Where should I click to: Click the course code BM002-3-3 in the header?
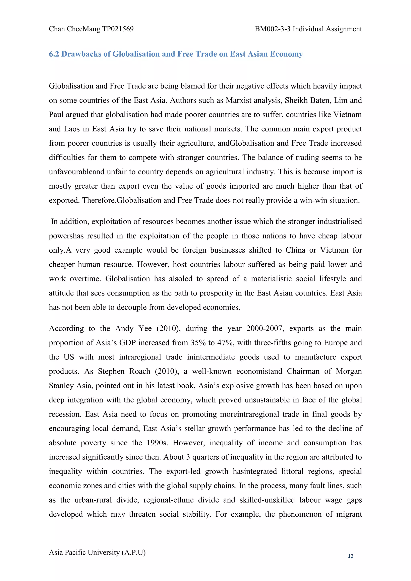coord(273,29)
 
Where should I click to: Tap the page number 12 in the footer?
coord(351,556)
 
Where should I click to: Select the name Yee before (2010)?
coord(145,329)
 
